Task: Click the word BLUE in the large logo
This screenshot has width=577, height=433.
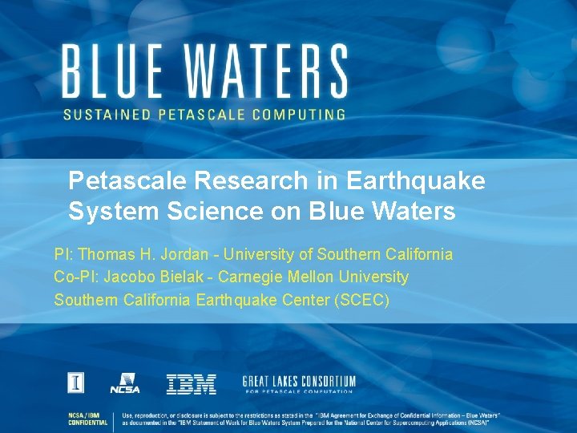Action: tap(115, 71)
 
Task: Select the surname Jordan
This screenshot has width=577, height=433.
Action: tap(184, 255)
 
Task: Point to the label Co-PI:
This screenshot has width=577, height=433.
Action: tap(75, 277)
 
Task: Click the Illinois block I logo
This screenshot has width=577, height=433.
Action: tap(75, 383)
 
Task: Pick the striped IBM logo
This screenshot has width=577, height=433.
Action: tap(191, 384)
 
